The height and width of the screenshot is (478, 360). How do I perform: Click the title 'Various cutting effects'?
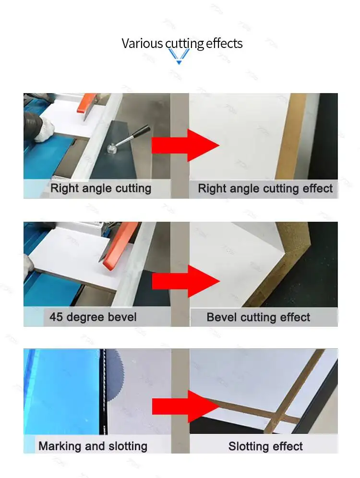(x=182, y=43)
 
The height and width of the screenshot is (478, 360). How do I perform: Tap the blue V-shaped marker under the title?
(x=179, y=57)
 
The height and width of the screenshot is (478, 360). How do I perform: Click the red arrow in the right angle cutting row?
(x=185, y=145)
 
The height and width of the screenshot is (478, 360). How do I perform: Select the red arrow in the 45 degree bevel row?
(x=186, y=281)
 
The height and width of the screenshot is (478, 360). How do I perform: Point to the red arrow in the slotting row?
(x=185, y=406)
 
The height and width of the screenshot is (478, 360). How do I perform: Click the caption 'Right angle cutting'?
(x=101, y=188)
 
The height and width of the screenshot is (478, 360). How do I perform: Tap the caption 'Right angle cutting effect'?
(x=265, y=189)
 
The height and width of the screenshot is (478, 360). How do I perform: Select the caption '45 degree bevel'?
(x=93, y=317)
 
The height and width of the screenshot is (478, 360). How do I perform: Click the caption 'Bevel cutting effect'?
(x=258, y=317)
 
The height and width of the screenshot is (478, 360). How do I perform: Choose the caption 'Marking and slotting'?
(x=93, y=446)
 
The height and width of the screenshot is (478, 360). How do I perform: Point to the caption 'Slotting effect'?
(x=265, y=446)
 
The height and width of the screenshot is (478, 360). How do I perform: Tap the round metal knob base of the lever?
(x=112, y=149)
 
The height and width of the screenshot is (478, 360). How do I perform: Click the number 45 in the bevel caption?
(x=56, y=317)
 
